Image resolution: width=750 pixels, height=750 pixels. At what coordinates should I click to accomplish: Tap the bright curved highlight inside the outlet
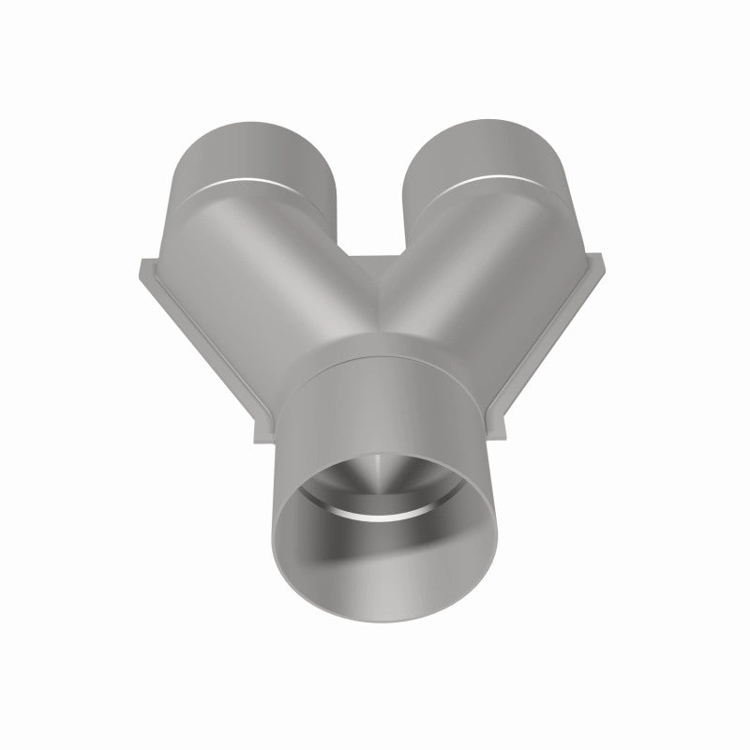pyautogui.click(x=375, y=515)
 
